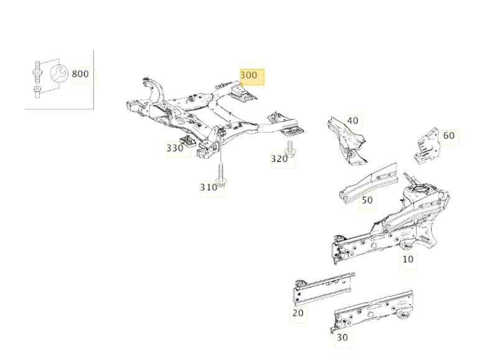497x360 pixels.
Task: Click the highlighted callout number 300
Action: pyautogui.click(x=249, y=75)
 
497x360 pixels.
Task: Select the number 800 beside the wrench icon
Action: pyautogui.click(x=80, y=74)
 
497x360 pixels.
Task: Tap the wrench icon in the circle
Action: pyautogui.click(x=59, y=73)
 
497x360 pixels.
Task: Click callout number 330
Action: pyautogui.click(x=175, y=148)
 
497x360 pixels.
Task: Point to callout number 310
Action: pyautogui.click(x=208, y=187)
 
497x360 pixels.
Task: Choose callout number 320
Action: pyautogui.click(x=279, y=159)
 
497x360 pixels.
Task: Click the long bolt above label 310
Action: pyautogui.click(x=222, y=174)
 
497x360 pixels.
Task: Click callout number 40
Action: pyautogui.click(x=352, y=120)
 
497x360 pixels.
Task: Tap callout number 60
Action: pyautogui.click(x=449, y=135)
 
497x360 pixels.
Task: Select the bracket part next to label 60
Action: pyautogui.click(x=427, y=146)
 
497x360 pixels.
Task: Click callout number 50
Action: pyautogui.click(x=367, y=200)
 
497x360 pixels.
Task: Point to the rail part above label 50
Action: pyautogui.click(x=368, y=183)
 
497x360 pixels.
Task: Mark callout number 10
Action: pyautogui.click(x=408, y=259)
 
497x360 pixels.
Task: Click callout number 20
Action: pyautogui.click(x=298, y=313)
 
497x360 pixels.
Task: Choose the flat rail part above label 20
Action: pyautogui.click(x=324, y=289)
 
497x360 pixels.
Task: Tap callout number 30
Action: pyautogui.click(x=342, y=337)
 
